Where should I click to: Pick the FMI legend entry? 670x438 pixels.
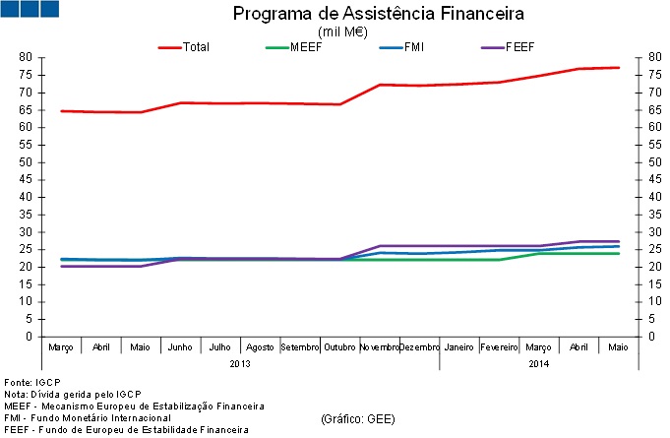tap(414, 46)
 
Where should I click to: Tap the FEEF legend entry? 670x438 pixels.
tap(519, 46)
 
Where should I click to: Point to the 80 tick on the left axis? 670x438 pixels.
tap(27, 58)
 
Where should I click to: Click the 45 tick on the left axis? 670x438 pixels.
tap(27, 180)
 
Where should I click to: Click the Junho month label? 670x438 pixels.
tap(181, 347)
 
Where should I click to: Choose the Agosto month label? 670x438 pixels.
tap(261, 347)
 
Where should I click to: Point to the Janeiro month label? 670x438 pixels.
tap(459, 347)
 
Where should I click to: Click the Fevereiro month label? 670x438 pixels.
tap(499, 347)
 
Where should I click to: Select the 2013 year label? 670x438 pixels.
tap(240, 363)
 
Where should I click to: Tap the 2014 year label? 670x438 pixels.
tap(538, 363)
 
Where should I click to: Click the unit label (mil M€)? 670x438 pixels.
tap(344, 31)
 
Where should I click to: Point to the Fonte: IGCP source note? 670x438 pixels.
tap(32, 381)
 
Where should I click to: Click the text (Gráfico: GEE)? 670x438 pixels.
tap(358, 418)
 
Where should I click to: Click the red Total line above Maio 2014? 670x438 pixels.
tap(618, 68)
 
